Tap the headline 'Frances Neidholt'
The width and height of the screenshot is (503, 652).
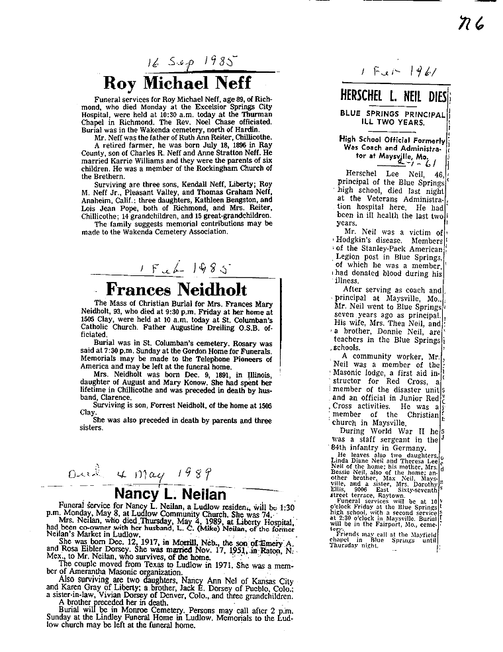point(176,289)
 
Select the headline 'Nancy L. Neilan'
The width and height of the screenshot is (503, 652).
point(170,494)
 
